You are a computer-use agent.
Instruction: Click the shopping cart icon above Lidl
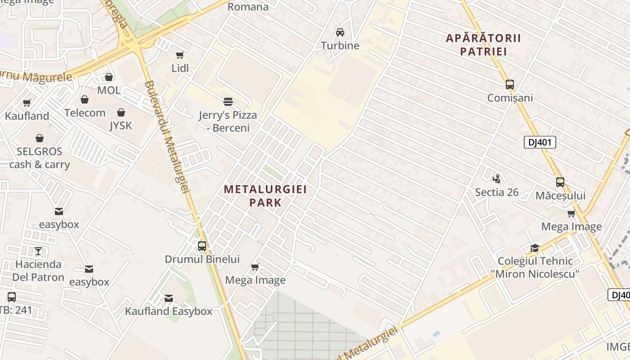(x=180, y=55)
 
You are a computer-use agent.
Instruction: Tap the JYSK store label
(x=121, y=126)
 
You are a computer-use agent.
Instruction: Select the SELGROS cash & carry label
(x=40, y=157)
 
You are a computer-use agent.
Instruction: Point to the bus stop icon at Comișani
(x=510, y=85)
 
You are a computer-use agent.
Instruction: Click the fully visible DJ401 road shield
(x=540, y=143)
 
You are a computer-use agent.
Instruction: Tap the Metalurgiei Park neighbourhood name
(x=265, y=195)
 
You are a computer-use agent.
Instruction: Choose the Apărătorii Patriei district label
(x=483, y=45)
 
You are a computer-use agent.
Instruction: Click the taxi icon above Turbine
(x=340, y=32)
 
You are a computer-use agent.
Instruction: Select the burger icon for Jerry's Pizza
(x=228, y=102)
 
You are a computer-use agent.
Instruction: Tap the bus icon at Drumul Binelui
(x=202, y=246)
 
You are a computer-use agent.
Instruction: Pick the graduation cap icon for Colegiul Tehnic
(x=535, y=248)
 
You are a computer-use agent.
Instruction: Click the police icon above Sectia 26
(x=496, y=179)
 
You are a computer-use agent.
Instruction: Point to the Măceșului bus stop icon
(x=560, y=182)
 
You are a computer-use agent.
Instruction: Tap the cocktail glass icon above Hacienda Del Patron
(x=38, y=251)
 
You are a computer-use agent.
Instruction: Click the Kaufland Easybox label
(x=168, y=311)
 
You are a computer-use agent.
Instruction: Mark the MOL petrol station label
(x=109, y=90)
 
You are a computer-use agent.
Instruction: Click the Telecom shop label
(x=85, y=112)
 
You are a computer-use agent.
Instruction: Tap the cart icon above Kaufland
(x=27, y=103)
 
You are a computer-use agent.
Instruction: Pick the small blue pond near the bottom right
(x=436, y=334)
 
